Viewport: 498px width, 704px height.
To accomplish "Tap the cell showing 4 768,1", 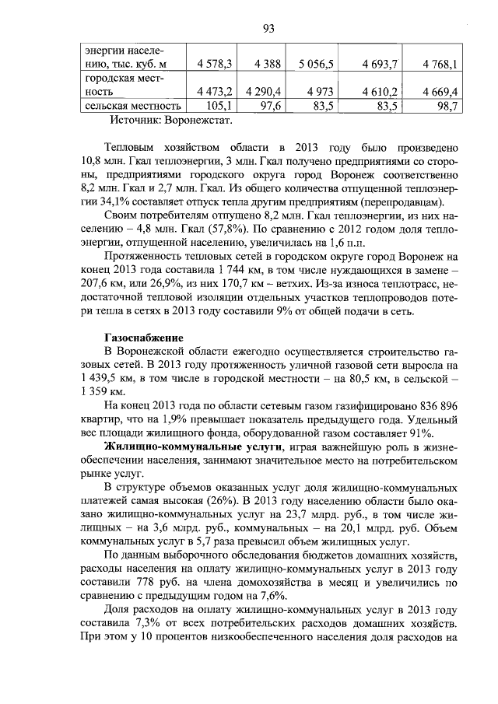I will (x=440, y=63).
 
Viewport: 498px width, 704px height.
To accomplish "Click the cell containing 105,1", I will (x=216, y=106).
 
